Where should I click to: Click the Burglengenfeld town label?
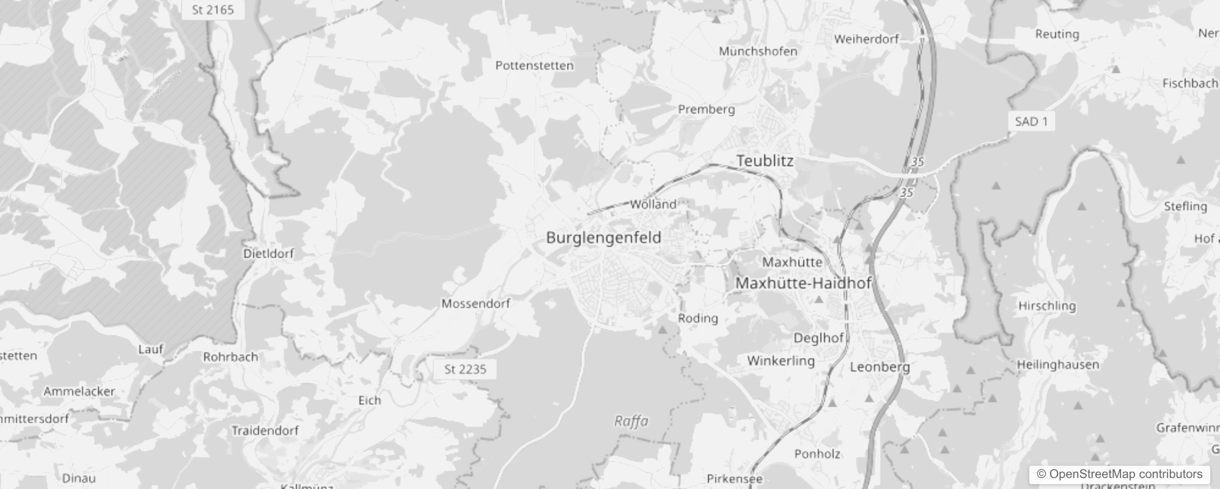[603, 238]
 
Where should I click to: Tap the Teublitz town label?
[765, 161]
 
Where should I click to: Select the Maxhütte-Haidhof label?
[803, 283]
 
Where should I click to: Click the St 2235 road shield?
[465, 369]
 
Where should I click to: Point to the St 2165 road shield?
[213, 10]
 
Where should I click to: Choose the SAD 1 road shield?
[1031, 122]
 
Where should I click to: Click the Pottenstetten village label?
[534, 65]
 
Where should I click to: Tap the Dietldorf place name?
[268, 253]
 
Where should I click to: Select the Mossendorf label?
[476, 303]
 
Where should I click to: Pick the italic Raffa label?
[631, 421]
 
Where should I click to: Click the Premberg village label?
[706, 109]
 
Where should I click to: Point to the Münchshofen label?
[758, 51]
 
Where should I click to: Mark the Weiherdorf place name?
[866, 39]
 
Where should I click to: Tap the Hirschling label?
[1047, 306]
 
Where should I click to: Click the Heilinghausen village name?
[1058, 365]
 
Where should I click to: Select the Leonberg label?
[880, 367]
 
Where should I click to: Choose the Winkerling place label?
[781, 361]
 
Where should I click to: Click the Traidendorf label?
[265, 430]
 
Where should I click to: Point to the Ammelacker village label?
[79, 391]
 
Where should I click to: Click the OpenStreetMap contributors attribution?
[1119, 474]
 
